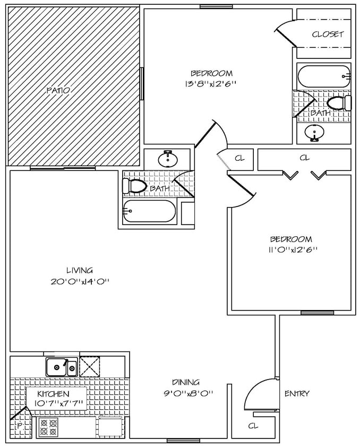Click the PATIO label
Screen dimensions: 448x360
58,91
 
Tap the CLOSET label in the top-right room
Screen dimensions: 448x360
328,35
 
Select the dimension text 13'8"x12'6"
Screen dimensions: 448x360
211,83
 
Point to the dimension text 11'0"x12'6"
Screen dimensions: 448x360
291,249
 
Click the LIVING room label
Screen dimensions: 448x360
80,270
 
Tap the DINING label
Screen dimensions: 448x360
185,382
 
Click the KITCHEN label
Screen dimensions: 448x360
53,394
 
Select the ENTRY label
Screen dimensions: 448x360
297,393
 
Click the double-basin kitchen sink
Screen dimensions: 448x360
61,367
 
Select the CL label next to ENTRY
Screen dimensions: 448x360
253,426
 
